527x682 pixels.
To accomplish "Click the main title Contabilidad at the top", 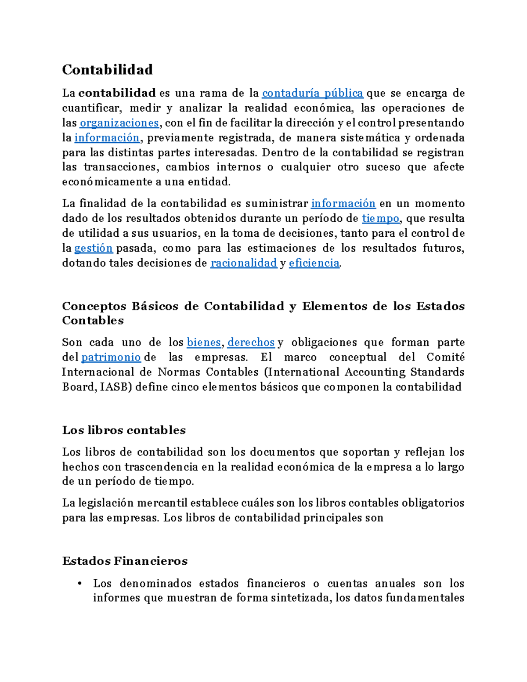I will pyautogui.click(x=107, y=69).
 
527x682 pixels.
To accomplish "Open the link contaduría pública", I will pyautogui.click(x=312, y=93).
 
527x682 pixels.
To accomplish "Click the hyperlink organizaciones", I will pyautogui.click(x=119, y=123).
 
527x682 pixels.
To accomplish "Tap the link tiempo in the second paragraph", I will pyautogui.click(x=380, y=218).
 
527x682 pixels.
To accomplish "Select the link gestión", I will pyautogui.click(x=94, y=248).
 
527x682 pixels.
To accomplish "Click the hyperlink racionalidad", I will pyautogui.click(x=244, y=263).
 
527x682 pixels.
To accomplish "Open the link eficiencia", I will pyautogui.click(x=314, y=263).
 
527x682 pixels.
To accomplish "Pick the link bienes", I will pyautogui.click(x=204, y=342).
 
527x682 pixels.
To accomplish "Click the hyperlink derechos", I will pyautogui.click(x=251, y=342).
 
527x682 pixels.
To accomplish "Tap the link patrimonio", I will pyautogui.click(x=111, y=357).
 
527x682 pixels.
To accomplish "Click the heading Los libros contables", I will pyautogui.click(x=124, y=430).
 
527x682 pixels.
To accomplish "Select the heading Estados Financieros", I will pyautogui.click(x=125, y=561).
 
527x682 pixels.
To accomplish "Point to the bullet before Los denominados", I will pyautogui.click(x=79, y=584).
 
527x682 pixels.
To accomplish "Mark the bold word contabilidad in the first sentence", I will pyautogui.click(x=117, y=93).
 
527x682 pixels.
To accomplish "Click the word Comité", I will pyautogui.click(x=445, y=357).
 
